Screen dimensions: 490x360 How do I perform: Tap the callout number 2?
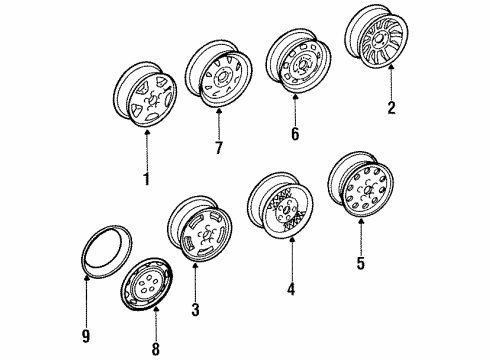[x=391, y=107]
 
